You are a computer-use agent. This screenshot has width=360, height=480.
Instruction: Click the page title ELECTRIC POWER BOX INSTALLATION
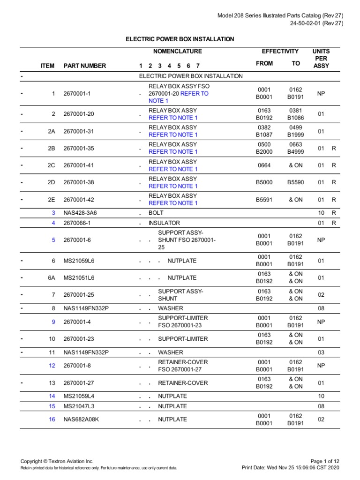[x=180, y=39]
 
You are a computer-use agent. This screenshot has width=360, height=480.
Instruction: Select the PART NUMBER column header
[x=85, y=66]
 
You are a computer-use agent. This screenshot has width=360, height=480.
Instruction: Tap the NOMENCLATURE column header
[x=178, y=52]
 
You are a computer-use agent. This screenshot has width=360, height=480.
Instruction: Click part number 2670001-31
[x=79, y=131]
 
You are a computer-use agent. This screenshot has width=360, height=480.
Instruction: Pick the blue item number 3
[x=53, y=213]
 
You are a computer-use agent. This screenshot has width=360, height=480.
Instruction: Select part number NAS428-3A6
[x=80, y=213]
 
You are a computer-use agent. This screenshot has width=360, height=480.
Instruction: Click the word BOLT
[x=156, y=213]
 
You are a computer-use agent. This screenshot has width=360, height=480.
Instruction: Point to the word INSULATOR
[x=164, y=223]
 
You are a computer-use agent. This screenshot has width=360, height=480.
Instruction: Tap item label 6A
[x=52, y=278]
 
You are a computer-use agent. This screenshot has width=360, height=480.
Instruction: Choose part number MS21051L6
[x=79, y=278]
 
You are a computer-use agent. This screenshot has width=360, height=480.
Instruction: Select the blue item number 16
[x=52, y=420]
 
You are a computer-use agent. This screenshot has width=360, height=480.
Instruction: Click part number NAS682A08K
[x=82, y=420]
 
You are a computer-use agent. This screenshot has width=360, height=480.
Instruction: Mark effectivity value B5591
[x=264, y=200]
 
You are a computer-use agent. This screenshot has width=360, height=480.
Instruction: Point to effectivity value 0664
[x=264, y=165]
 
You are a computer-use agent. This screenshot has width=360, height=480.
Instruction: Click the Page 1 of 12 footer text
[x=327, y=461]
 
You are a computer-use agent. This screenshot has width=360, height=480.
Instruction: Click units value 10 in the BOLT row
[x=321, y=213]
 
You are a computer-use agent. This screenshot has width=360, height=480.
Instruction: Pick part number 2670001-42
[x=79, y=200]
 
